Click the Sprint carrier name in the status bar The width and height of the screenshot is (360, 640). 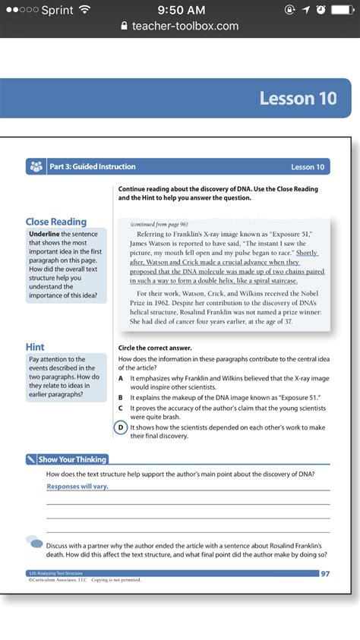pos(57,10)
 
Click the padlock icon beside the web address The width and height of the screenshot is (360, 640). pos(125,26)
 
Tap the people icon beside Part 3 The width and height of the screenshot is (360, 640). pos(36,167)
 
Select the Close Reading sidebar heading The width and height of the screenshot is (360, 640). pos(56,222)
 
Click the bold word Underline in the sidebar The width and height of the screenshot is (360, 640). pos(44,235)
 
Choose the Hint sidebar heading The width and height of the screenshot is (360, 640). pos(35,347)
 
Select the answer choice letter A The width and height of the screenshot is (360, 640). pos(121,377)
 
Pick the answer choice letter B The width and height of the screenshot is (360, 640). pos(121,397)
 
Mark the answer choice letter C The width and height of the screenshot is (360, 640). pos(121,408)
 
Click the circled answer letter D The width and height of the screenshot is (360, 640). pos(121,427)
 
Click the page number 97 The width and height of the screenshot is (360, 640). pos(325,573)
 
